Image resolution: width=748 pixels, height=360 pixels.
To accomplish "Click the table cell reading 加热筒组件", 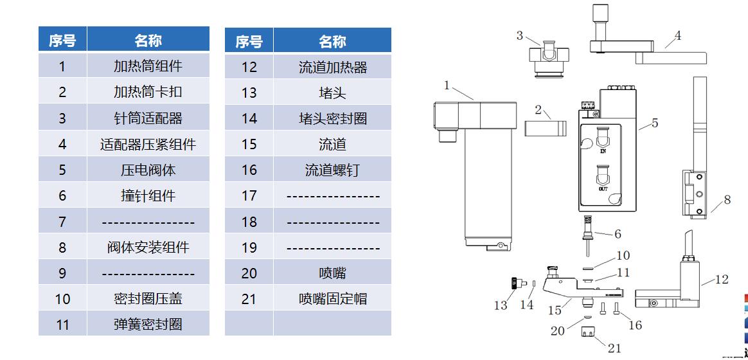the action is [148, 66].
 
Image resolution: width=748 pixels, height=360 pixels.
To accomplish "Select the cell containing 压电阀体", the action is [148, 170].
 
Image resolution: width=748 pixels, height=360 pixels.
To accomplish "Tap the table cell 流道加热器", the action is [332, 67].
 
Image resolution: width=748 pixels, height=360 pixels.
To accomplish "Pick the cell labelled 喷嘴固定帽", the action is [332, 299].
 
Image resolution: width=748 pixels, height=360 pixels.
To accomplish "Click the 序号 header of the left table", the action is [62, 40].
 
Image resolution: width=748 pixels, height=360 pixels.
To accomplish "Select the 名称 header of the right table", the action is [332, 41].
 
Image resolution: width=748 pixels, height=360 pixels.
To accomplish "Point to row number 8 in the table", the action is [62, 248].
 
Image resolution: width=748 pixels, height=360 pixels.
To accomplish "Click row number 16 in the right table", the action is [249, 170].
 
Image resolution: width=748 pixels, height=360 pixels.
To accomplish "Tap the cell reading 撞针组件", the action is [148, 196].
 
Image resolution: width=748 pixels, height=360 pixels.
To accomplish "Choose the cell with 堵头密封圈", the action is [332, 118].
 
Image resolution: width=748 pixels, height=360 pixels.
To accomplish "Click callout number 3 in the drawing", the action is [519, 36].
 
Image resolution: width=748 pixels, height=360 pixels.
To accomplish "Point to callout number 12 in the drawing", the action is [722, 279].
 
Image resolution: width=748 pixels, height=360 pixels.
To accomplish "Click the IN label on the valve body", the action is [603, 150].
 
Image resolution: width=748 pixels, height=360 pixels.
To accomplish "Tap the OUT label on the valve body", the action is [603, 189].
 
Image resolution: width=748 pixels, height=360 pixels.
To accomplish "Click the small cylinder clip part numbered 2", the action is [546, 129].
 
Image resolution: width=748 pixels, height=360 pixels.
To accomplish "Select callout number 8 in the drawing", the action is [727, 199].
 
